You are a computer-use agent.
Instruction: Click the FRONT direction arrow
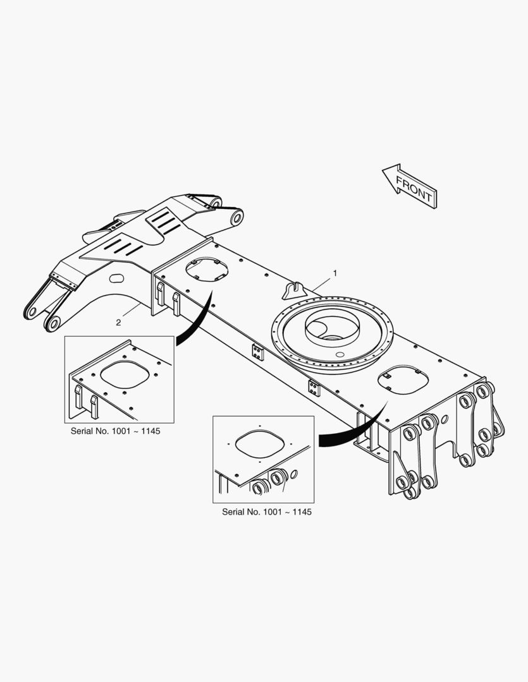[410, 186]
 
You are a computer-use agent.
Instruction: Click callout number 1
[335, 273]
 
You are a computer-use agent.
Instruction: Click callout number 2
[118, 322]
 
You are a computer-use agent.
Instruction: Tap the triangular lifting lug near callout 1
[295, 290]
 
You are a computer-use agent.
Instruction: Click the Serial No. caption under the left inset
[116, 431]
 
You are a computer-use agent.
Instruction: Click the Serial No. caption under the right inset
[267, 512]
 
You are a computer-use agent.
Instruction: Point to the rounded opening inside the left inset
[125, 374]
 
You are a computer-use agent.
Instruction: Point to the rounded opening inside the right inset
[260, 444]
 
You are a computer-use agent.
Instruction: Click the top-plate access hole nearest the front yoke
[207, 270]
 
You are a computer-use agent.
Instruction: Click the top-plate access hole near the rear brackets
[403, 380]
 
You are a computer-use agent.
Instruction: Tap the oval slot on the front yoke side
[116, 278]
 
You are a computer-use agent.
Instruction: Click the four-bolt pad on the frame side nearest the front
[258, 352]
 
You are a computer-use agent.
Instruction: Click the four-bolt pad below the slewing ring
[314, 388]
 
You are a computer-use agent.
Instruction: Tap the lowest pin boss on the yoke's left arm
[53, 323]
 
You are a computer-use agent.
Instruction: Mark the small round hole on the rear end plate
[445, 419]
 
